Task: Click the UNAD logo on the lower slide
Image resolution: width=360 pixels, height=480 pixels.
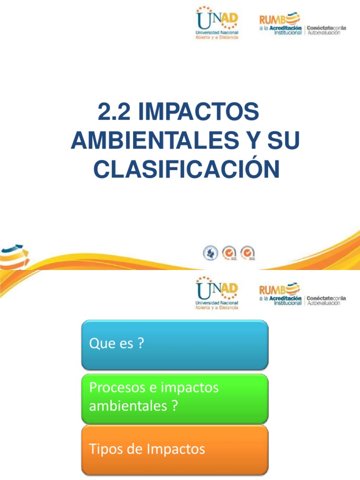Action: click(217, 292)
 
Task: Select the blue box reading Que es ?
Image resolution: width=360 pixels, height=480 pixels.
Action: click(175, 345)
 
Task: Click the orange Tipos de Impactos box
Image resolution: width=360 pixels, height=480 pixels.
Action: click(175, 450)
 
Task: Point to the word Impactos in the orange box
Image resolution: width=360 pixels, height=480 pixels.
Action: click(176, 450)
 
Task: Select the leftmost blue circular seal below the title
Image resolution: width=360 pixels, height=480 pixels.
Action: click(210, 253)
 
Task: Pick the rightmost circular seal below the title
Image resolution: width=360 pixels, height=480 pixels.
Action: click(247, 253)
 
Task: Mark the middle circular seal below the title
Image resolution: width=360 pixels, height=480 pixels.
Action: click(229, 253)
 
